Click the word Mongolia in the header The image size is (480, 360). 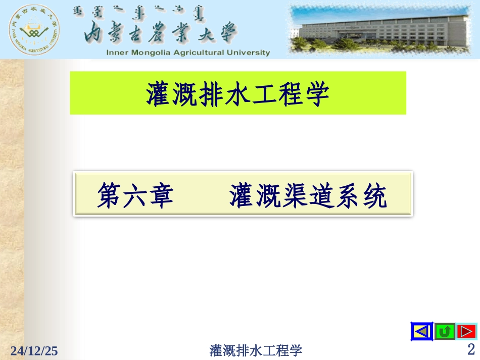(154, 53)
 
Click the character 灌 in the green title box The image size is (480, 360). (159, 94)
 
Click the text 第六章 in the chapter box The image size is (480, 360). (136, 196)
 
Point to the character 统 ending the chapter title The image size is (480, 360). (374, 196)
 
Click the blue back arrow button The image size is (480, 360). (422, 332)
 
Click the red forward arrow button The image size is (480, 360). (466, 332)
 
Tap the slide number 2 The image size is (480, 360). (471, 349)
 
